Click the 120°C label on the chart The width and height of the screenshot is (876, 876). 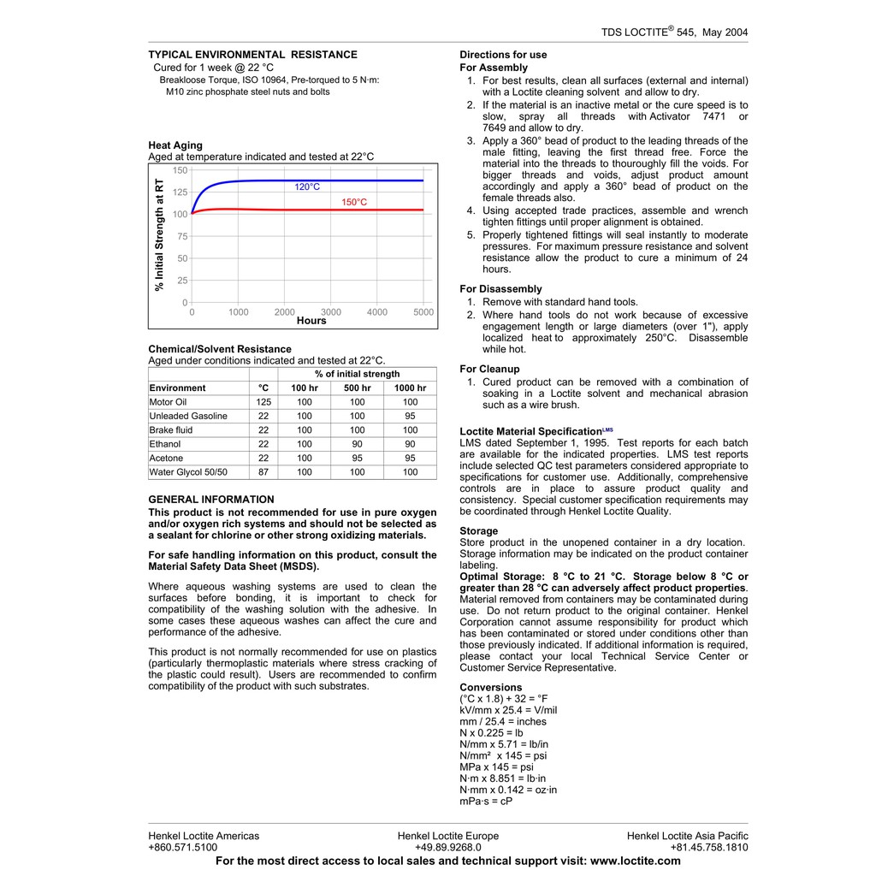307,186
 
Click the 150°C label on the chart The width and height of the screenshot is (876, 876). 354,203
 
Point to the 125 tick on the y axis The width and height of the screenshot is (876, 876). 180,192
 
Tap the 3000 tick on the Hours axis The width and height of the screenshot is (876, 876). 330,312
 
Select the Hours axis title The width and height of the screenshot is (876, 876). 311,322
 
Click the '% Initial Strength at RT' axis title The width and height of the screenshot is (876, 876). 159,234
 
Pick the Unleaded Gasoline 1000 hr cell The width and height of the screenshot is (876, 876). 410,416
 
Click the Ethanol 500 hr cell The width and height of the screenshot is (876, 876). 357,444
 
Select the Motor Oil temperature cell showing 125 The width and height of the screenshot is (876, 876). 263,402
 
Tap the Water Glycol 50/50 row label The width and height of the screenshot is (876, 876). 188,472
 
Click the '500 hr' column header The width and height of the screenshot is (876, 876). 357,388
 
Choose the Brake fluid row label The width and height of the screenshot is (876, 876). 171,430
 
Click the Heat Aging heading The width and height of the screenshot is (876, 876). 175,145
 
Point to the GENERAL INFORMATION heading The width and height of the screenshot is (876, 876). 211,500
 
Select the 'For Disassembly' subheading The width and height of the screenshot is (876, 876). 500,289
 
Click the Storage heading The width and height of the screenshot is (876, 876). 478,531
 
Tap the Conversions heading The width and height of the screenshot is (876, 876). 490,688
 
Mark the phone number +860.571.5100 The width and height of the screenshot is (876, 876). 182,848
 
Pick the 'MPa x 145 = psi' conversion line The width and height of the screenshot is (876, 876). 496,767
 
